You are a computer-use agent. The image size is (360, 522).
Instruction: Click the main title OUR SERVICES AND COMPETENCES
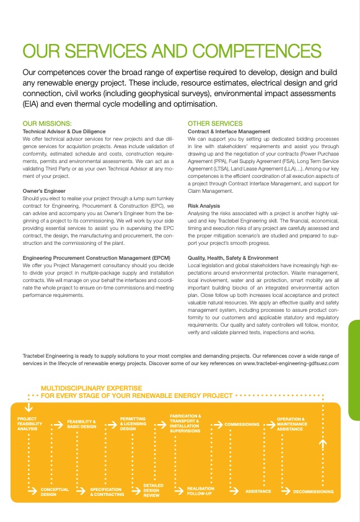171,51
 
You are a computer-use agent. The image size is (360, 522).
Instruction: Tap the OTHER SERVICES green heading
215,123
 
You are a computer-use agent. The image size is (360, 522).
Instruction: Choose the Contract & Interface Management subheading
229,131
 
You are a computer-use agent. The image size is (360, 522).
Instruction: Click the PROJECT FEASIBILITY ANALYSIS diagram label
28,424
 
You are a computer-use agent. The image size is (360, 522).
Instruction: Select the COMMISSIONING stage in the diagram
242,425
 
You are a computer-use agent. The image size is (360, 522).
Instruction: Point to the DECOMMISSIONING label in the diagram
313,491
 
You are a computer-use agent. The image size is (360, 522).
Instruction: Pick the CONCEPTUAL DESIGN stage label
55,491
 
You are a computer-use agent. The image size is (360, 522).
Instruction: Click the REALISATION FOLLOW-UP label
201,491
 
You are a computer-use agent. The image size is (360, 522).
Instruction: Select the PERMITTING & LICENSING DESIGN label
133,424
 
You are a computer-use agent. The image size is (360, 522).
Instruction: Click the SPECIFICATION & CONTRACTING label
107,492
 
